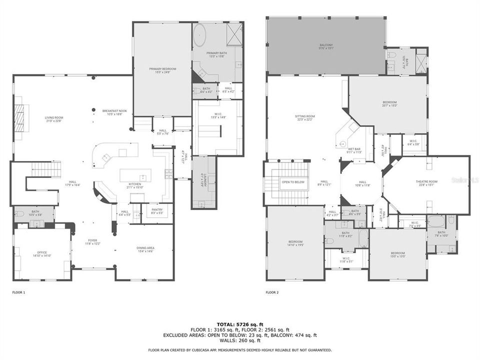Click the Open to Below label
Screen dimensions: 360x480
pyautogui.click(x=292, y=182)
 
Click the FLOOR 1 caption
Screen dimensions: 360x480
pyautogui.click(x=18, y=292)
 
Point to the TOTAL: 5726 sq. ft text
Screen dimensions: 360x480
pyautogui.click(x=240, y=324)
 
